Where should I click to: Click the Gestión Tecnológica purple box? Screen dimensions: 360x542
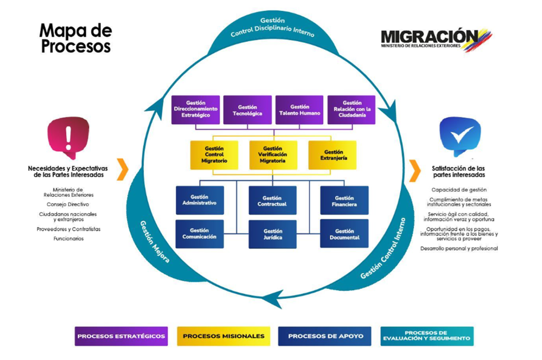[247, 110]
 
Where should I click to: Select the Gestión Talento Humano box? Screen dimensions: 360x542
[299, 110]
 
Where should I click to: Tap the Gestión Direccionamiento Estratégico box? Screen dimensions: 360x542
[195, 110]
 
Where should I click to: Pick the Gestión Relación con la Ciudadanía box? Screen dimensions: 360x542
[351, 110]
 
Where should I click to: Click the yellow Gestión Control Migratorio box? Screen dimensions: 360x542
[214, 155]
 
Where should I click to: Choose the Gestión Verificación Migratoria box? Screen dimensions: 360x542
[273, 155]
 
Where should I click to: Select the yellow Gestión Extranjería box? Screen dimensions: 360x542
[332, 155]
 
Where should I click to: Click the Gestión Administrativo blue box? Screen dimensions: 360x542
[199, 200]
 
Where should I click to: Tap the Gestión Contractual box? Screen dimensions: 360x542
[272, 200]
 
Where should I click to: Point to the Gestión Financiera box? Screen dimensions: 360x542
[344, 200]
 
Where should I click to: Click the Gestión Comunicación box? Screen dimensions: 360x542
[199, 234]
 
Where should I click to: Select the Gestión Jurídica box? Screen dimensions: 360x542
[272, 234]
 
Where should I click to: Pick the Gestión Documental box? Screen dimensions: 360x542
[344, 234]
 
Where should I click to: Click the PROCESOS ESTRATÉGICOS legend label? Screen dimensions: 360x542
[121, 336]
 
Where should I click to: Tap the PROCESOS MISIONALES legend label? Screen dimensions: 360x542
[224, 336]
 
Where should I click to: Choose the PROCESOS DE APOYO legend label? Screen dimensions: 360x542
[325, 336]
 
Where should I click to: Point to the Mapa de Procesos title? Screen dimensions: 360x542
[75, 39]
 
